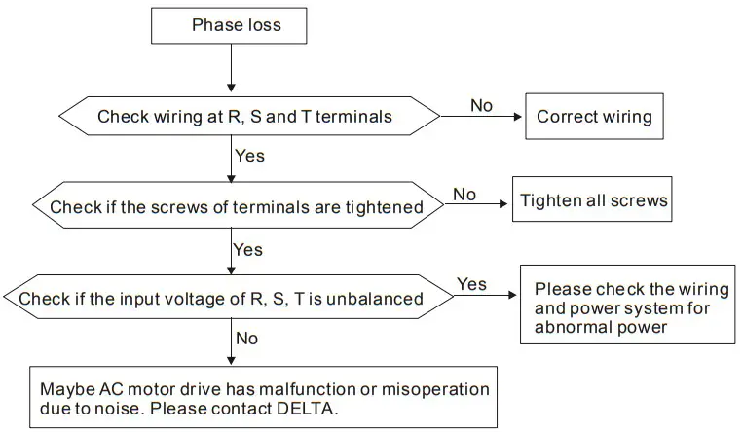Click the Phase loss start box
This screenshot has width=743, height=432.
[229, 25]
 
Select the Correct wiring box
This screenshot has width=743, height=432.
[594, 117]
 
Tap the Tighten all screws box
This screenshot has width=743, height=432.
[594, 201]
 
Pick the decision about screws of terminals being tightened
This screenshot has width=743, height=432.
[236, 206]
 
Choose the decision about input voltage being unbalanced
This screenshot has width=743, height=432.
[222, 298]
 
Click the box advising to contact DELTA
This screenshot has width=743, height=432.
[263, 398]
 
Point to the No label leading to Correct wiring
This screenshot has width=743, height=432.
[481, 105]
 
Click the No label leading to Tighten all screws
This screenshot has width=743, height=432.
[464, 195]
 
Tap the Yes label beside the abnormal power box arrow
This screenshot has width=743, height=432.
[472, 284]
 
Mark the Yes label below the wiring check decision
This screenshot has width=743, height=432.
[249, 156]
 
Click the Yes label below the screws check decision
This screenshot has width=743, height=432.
[248, 250]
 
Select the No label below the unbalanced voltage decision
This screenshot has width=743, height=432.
[247, 339]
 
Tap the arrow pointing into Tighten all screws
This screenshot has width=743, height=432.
[477, 205]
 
